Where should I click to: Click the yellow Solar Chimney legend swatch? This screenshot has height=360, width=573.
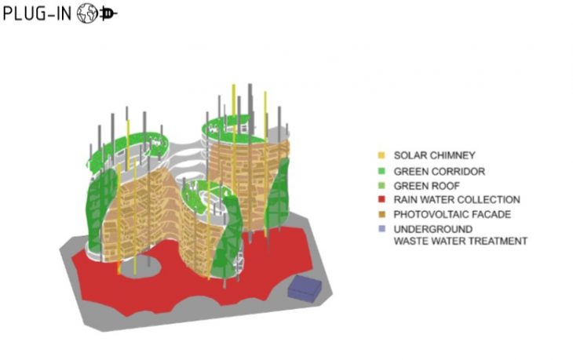click(x=381, y=155)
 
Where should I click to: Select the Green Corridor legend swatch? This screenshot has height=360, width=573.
click(x=381, y=171)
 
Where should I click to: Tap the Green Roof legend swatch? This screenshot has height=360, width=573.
click(x=381, y=185)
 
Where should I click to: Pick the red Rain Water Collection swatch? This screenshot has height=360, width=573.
click(x=381, y=200)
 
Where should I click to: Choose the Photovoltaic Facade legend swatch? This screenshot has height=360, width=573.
click(x=381, y=214)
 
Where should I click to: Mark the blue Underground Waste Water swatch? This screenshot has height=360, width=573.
click(x=381, y=229)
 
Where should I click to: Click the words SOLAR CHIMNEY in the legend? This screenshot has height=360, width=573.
click(x=435, y=155)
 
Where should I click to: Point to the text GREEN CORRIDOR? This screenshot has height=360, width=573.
click(x=440, y=171)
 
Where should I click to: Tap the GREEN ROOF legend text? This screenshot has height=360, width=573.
click(x=426, y=186)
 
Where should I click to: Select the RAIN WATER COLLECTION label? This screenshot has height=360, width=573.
click(x=457, y=200)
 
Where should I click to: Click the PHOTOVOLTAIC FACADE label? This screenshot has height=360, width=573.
click(x=452, y=214)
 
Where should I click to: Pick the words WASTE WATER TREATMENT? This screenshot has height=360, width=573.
click(x=461, y=242)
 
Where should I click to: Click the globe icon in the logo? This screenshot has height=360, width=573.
click(x=87, y=14)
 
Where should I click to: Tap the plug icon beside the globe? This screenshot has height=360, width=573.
click(x=108, y=14)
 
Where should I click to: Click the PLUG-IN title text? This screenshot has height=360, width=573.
click(x=37, y=14)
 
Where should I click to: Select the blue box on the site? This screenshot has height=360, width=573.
click(x=305, y=289)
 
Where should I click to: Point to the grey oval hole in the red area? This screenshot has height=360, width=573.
click(x=141, y=267)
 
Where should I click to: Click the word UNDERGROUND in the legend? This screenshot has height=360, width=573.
click(x=433, y=229)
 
